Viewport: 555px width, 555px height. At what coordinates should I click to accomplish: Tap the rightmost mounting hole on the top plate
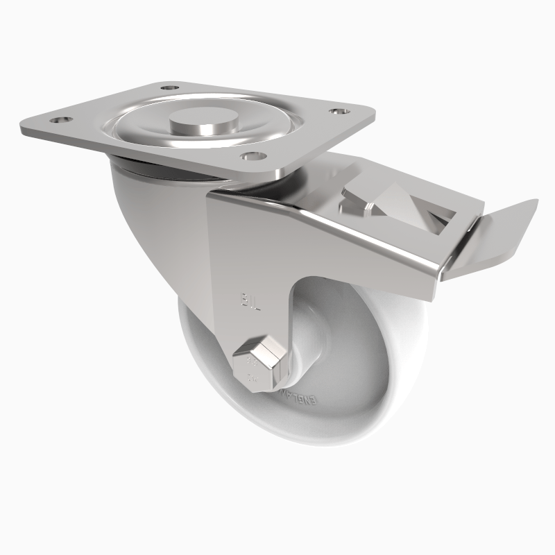tap(338, 111)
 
